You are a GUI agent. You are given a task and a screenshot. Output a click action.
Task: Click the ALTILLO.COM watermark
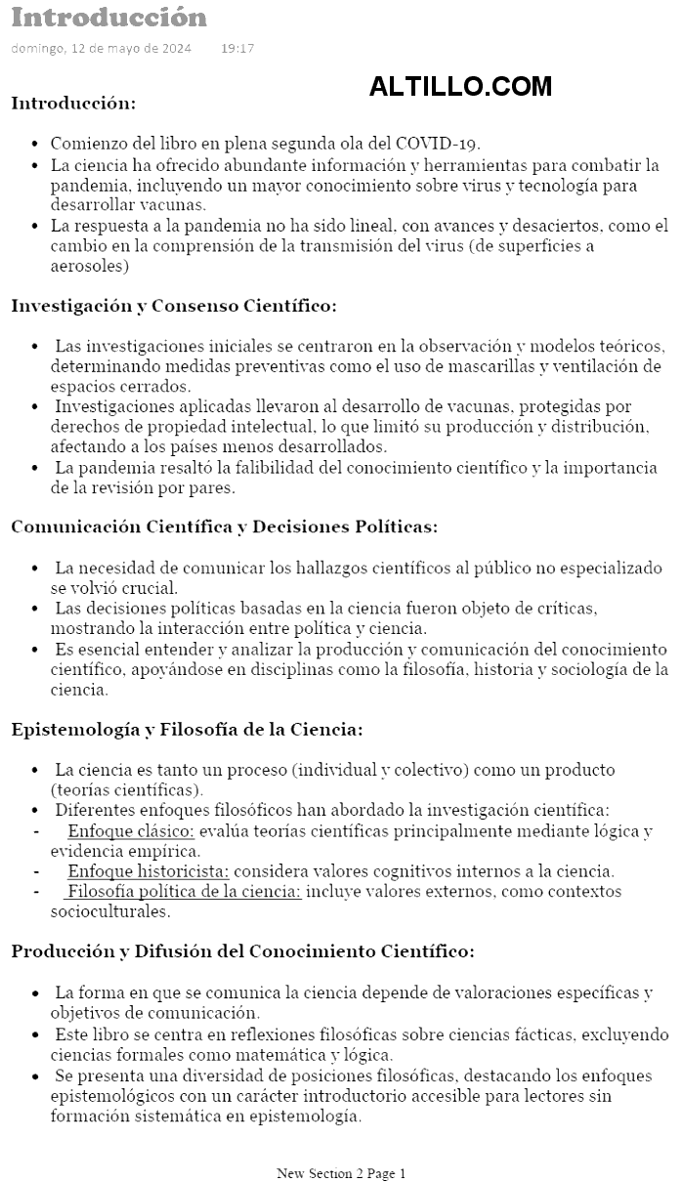(x=460, y=87)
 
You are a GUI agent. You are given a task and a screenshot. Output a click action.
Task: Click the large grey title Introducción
(x=109, y=18)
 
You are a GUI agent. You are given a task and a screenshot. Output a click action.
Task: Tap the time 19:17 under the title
(x=237, y=48)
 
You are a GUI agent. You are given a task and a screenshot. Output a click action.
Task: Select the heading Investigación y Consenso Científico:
(x=174, y=306)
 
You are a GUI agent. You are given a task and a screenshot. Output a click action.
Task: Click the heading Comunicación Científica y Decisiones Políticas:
(x=224, y=527)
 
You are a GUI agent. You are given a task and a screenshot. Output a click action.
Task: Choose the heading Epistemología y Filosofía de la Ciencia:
(x=187, y=729)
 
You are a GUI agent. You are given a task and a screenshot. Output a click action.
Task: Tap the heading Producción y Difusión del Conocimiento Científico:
(x=243, y=950)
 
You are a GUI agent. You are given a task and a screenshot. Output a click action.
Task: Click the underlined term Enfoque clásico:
(x=131, y=831)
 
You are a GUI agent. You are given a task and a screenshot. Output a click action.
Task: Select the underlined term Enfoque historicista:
(x=149, y=870)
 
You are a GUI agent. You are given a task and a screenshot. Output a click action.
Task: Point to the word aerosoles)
(x=90, y=266)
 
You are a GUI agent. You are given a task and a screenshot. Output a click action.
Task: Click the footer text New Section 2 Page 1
(x=341, y=1173)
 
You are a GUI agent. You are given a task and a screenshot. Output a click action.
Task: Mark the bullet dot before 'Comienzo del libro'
(x=36, y=144)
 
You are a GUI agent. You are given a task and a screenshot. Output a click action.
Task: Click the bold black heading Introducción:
(x=73, y=103)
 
